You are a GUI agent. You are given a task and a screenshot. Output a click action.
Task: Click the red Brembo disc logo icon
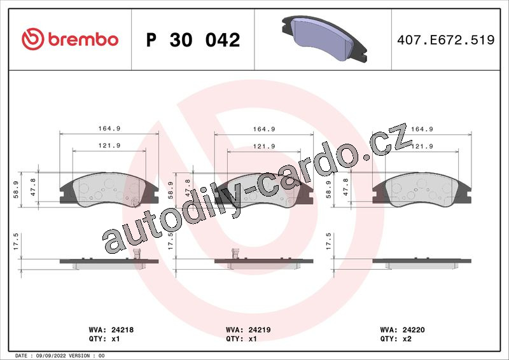(32, 39)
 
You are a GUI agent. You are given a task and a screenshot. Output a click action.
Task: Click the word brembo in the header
(83, 39)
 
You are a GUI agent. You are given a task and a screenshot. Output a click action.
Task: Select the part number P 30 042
(193, 40)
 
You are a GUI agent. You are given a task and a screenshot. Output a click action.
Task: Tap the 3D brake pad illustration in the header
(324, 39)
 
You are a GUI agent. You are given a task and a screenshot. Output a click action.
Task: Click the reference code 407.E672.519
(446, 40)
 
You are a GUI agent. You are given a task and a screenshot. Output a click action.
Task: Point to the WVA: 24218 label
(111, 330)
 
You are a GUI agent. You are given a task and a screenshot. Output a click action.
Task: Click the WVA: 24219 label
(248, 330)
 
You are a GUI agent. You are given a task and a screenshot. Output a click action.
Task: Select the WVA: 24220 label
(403, 330)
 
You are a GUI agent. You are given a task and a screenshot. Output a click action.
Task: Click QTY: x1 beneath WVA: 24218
(104, 339)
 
